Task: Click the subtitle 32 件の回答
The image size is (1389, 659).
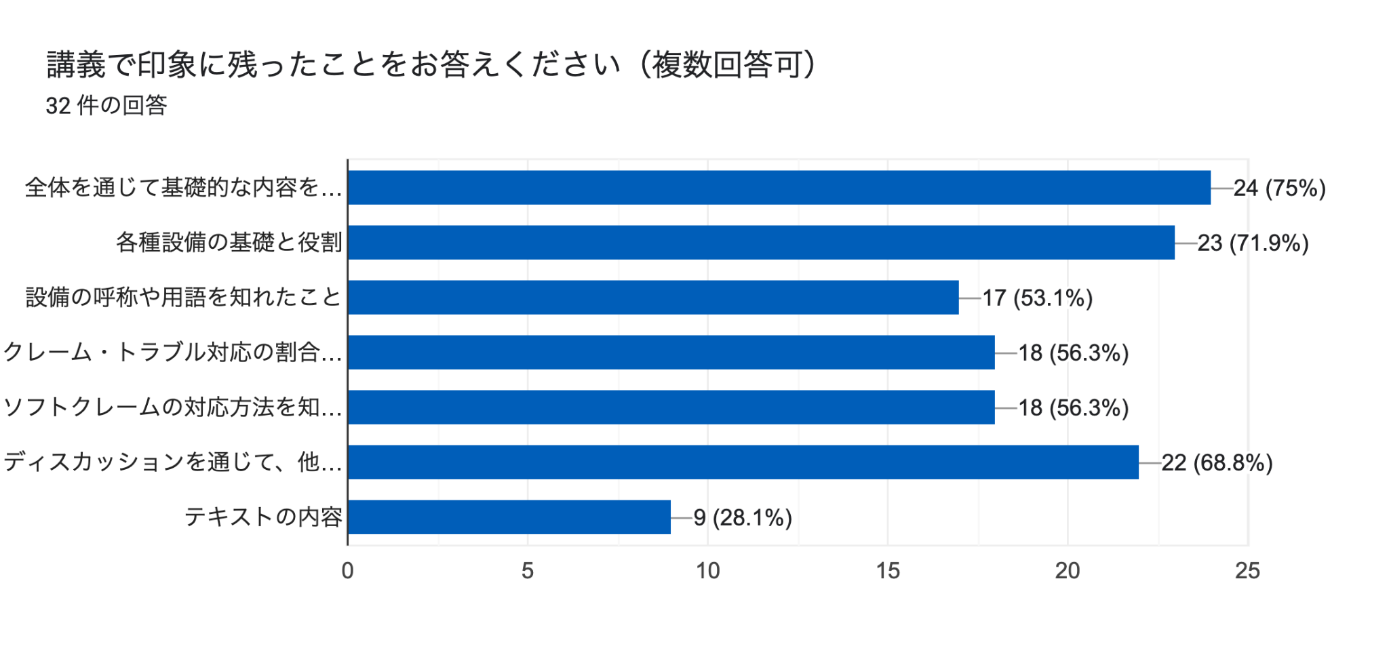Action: tap(106, 106)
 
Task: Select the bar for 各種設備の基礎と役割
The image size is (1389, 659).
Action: tap(761, 243)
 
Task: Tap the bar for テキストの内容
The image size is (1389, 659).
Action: tap(509, 517)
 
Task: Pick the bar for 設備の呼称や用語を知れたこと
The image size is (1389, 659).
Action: tap(653, 298)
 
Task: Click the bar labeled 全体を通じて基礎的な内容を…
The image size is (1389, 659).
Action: tap(779, 188)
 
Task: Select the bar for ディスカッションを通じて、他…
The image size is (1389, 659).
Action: tap(743, 462)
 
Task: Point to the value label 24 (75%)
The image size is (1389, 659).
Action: tap(1279, 188)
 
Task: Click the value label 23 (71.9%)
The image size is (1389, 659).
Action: tap(1253, 243)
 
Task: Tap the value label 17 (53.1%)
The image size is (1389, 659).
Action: tap(1037, 298)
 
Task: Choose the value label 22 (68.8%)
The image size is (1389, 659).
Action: tap(1217, 463)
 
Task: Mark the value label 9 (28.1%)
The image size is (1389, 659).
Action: tap(743, 518)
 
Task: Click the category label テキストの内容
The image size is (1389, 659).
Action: tap(263, 517)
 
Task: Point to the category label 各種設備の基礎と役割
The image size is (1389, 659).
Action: tap(229, 243)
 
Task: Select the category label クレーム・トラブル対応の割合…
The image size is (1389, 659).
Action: tap(173, 353)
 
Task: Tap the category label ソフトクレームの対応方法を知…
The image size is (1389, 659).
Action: tap(173, 407)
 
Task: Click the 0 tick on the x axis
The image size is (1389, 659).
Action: tap(347, 571)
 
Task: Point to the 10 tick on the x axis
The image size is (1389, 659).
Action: tap(707, 571)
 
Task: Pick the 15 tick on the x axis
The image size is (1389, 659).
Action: tap(888, 571)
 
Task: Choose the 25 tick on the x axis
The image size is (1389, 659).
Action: tap(1247, 571)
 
